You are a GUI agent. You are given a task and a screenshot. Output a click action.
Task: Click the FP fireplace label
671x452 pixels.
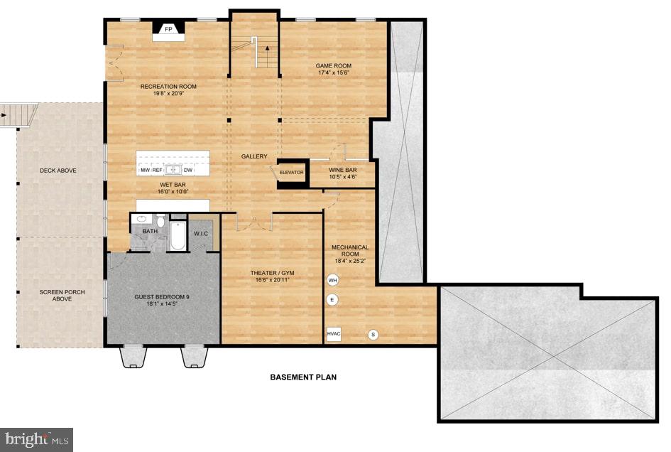click(x=169, y=30)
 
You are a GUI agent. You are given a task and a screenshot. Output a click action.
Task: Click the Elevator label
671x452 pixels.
click(x=291, y=173)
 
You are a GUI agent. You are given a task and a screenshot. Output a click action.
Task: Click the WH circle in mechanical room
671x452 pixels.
click(x=332, y=280)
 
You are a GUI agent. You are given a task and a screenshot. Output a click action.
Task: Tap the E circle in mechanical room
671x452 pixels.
click(x=332, y=300)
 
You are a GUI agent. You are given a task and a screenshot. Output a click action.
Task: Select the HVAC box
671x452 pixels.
click(x=334, y=333)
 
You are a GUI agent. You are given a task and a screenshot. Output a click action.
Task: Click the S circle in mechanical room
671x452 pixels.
click(x=372, y=334)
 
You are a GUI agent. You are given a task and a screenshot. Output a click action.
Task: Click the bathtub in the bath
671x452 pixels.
click(x=177, y=237)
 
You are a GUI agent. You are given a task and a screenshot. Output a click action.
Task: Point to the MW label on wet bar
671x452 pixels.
click(x=145, y=171)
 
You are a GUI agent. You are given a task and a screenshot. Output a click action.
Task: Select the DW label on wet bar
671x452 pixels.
click(x=188, y=171)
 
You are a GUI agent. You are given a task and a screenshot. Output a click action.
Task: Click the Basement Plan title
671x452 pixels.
click(x=303, y=377)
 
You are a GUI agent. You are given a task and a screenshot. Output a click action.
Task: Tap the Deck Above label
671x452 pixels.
click(x=58, y=171)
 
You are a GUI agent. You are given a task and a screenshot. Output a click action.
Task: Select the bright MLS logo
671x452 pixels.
click(x=37, y=439)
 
